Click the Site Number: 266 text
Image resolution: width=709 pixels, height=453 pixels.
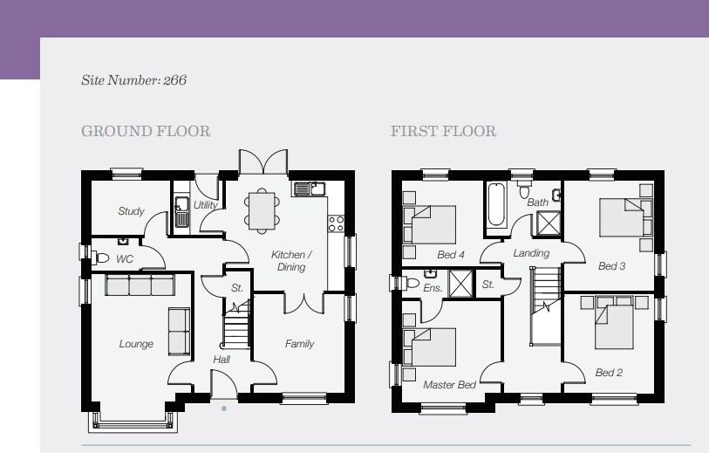tap(133, 80)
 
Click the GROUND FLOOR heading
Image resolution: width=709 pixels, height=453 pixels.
tap(146, 131)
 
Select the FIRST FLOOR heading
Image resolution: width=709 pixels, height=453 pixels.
tap(443, 131)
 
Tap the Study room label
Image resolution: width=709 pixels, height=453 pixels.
tap(131, 211)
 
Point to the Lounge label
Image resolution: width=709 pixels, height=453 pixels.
tap(136, 344)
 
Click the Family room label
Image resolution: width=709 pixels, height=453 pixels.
tap(299, 344)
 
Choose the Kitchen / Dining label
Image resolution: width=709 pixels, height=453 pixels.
tap(291, 261)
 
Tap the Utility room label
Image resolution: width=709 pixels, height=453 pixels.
tap(206, 205)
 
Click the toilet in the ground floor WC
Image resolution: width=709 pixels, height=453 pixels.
tap(101, 258)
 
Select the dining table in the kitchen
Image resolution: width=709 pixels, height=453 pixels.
tap(262, 211)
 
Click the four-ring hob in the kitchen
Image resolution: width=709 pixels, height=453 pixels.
tap(336, 223)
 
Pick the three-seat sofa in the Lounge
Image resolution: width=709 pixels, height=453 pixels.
tap(140, 285)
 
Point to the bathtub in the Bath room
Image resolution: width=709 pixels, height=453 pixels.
tap(496, 204)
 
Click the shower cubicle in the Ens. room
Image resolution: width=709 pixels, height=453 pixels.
tap(460, 284)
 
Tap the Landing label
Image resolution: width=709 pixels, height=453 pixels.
tap(531, 253)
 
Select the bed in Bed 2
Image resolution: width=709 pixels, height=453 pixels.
tap(614, 323)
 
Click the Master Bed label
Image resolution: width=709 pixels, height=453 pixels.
tap(449, 385)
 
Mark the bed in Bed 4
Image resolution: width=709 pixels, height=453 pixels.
tap(431, 225)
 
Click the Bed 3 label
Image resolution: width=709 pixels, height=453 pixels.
tap(612, 266)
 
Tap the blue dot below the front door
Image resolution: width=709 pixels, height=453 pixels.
tap(224, 408)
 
